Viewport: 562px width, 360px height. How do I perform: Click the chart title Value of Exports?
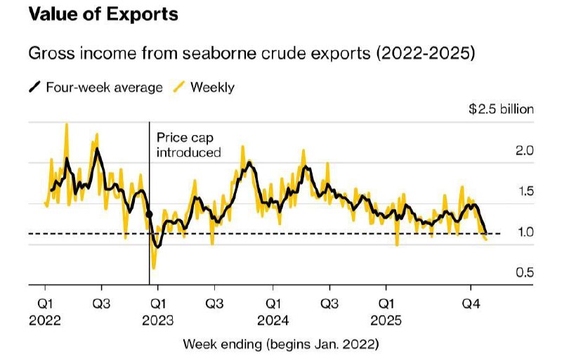point(103,14)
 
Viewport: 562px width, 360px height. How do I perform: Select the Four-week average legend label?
point(104,87)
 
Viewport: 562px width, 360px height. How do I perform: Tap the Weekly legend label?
point(212,87)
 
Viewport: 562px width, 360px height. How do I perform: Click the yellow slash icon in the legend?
point(179,87)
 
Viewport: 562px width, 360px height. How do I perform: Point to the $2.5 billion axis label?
point(501,109)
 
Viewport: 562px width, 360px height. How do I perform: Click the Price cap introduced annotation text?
point(188,145)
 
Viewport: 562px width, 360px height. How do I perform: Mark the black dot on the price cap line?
point(150,214)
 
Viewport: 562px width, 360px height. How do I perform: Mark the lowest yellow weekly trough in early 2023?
point(153,267)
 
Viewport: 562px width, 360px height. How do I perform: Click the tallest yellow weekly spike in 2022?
point(67,124)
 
